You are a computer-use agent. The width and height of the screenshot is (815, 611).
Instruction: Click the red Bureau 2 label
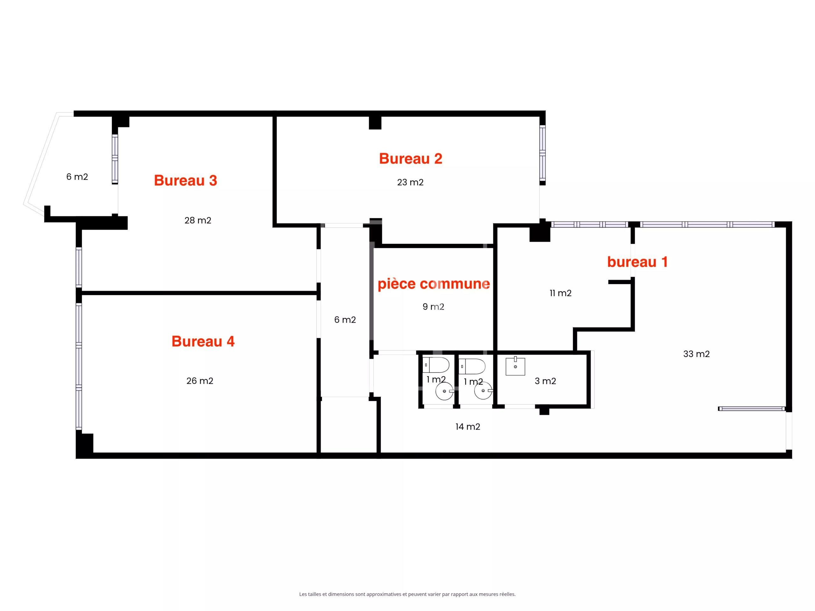pos(410,159)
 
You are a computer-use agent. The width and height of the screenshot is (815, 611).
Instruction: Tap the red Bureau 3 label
pos(185,180)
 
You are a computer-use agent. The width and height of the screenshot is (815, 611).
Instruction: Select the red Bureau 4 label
pos(203,341)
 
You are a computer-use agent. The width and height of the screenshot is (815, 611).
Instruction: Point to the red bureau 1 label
pos(637,262)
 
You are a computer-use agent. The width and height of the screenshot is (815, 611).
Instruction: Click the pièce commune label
pos(434,284)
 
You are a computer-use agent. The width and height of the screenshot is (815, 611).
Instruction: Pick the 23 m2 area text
pos(410,182)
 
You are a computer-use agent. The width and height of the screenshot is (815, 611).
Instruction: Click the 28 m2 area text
pos(198,220)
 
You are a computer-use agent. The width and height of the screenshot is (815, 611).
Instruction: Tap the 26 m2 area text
pos(200,381)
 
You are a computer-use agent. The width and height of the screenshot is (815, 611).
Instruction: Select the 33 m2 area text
pos(696,354)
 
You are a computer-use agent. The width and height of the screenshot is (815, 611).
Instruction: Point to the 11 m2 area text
pos(560,293)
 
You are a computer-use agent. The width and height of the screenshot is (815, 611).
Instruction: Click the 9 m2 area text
pos(433,307)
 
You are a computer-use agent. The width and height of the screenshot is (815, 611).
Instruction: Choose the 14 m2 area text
pos(468,427)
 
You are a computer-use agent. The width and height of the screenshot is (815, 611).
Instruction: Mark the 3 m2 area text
pos(545,381)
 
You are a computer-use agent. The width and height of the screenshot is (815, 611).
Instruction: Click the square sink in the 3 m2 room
pos(515,366)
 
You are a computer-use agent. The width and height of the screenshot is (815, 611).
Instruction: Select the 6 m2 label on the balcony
pos(77,177)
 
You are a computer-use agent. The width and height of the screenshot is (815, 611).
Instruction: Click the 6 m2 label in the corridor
pos(345,320)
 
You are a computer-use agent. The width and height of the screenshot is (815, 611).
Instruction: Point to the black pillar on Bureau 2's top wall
pos(375,123)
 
